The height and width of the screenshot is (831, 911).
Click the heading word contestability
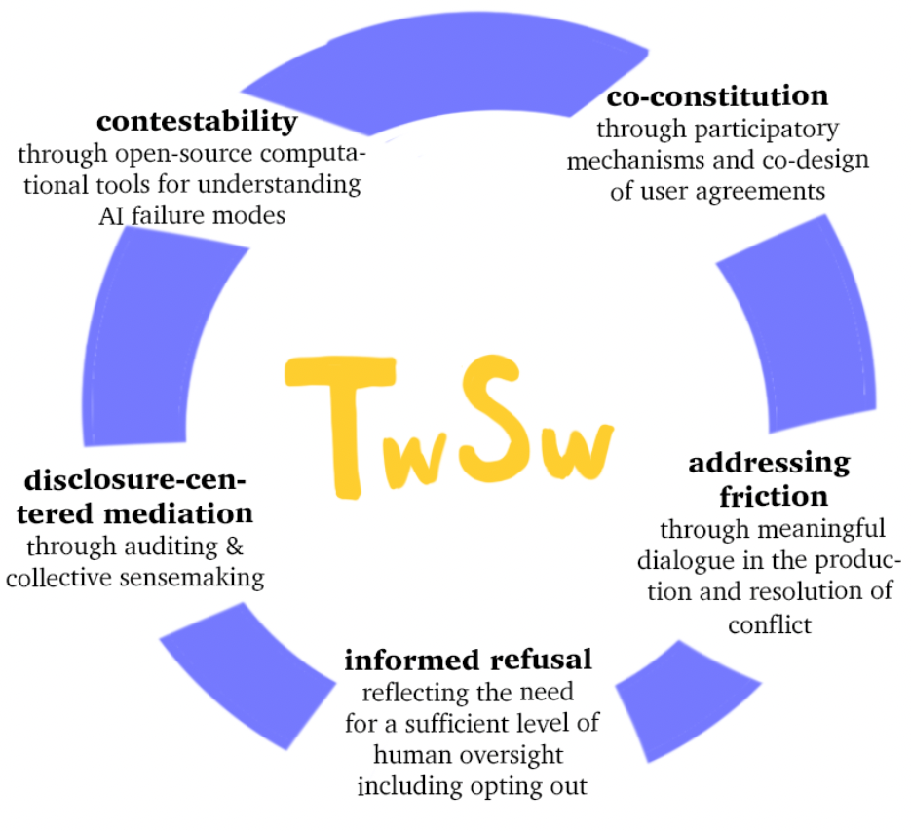(196, 122)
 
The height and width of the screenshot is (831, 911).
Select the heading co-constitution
(717, 96)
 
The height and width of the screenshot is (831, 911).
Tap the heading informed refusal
(468, 660)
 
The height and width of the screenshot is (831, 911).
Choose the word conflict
(770, 623)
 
